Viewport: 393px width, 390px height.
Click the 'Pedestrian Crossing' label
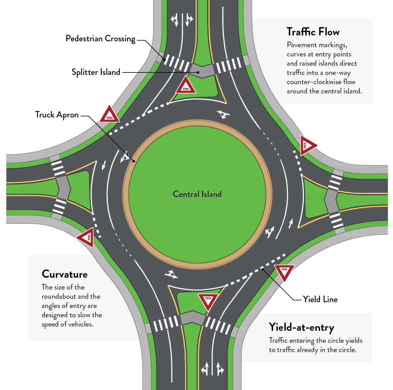100,39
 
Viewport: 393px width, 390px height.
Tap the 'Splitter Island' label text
96,72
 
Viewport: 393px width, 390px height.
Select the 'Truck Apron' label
57,115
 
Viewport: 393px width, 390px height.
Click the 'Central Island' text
197,194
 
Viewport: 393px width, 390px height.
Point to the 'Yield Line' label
320,299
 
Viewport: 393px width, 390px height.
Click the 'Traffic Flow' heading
313,32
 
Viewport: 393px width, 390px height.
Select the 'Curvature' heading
65,274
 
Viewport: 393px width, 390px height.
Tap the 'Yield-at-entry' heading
301,327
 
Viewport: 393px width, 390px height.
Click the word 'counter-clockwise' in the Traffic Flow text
313,82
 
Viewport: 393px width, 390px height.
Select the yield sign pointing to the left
86,237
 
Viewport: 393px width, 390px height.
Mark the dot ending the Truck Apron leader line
133,161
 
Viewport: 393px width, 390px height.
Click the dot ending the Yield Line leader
263,269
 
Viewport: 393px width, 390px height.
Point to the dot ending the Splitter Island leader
199,72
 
